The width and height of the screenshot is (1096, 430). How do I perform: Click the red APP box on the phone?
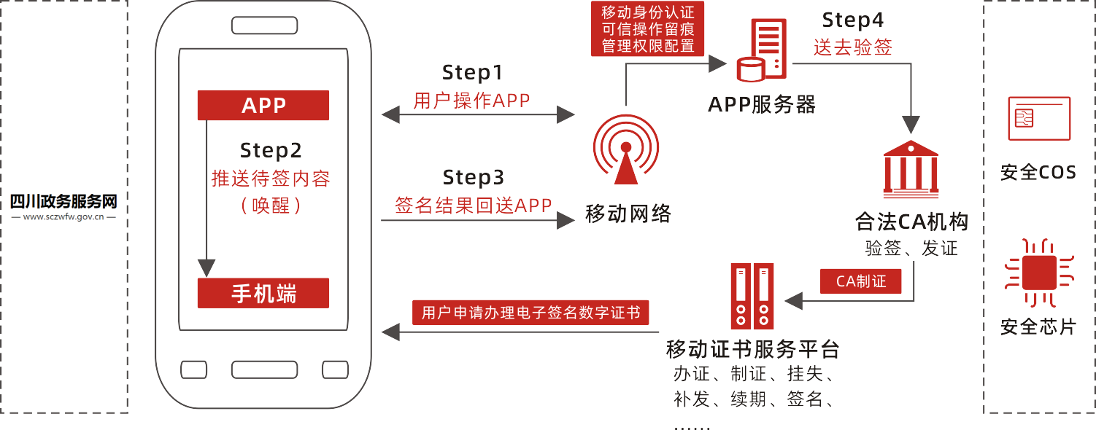pyautogui.click(x=263, y=106)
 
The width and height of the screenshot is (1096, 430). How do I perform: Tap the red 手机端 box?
pyautogui.click(x=263, y=293)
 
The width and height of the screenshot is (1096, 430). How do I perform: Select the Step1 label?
pyautogui.click(x=472, y=73)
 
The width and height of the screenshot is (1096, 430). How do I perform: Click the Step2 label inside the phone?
pyautogui.click(x=270, y=150)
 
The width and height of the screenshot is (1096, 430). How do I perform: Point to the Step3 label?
pyautogui.click(x=473, y=177)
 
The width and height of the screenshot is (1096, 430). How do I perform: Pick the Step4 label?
pyautogui.click(x=852, y=20)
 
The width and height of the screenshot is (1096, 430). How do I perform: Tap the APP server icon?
pyautogui.click(x=762, y=50)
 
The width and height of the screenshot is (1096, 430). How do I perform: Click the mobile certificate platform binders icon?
pyautogui.click(x=752, y=296)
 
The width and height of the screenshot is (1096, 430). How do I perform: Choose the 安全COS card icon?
pyautogui.click(x=1038, y=119)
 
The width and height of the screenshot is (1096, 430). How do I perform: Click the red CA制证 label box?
pyautogui.click(x=861, y=281)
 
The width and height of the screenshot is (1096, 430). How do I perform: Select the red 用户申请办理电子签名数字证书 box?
pyautogui.click(x=530, y=313)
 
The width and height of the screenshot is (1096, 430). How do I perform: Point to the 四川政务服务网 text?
pyautogui.click(x=63, y=201)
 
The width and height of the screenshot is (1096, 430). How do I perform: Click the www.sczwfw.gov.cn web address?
pyautogui.click(x=63, y=216)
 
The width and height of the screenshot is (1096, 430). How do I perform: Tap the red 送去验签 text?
pyautogui.click(x=852, y=47)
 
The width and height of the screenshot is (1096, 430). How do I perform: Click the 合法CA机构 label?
pyautogui.click(x=911, y=221)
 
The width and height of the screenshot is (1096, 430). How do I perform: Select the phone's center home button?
pyautogui.click(x=264, y=370)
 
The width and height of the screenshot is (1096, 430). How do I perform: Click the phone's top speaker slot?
pyautogui.click(x=264, y=26)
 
